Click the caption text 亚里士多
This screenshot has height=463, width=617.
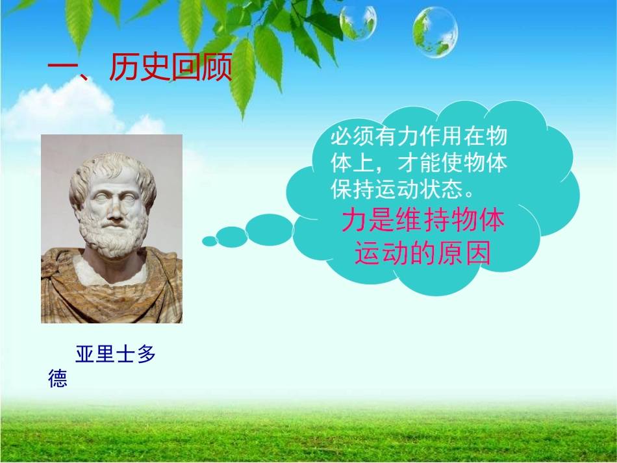[116, 355]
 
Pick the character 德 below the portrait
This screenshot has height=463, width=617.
[58, 379]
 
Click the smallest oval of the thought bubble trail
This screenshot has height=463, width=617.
[209, 241]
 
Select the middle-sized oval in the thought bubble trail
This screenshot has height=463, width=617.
[232, 236]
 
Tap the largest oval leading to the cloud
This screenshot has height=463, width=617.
[270, 229]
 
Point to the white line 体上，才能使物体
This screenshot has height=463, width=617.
[419, 163]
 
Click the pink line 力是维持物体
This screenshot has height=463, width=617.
[423, 221]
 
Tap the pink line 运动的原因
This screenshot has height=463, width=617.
[423, 254]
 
